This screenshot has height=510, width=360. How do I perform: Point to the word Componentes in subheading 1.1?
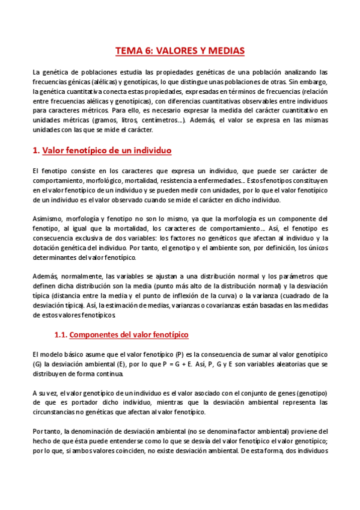tap(103, 334)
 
